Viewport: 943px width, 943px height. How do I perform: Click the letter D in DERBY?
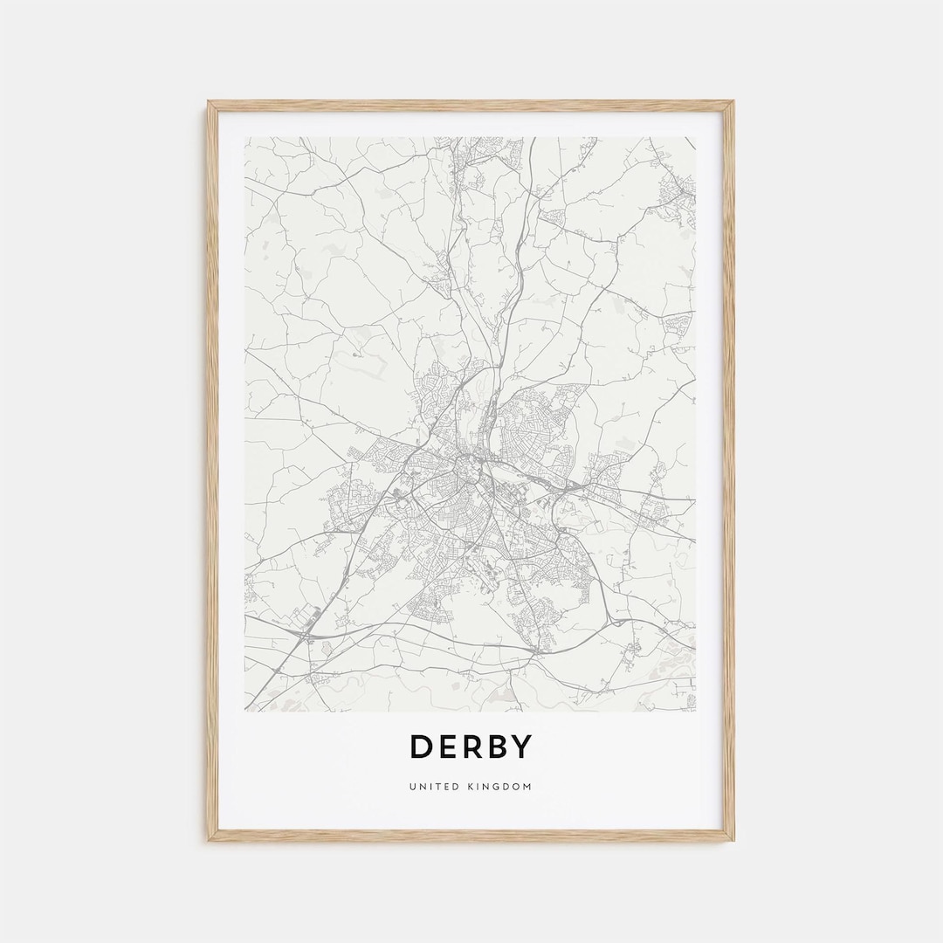coord(422,747)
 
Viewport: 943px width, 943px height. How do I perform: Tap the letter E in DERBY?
coord(451,747)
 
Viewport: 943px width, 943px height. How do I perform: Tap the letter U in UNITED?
coord(411,787)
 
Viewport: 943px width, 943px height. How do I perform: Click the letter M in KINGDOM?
coord(527,787)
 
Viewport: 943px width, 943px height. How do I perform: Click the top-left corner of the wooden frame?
coord(210,103)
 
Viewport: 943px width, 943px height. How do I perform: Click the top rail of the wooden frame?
coord(471,106)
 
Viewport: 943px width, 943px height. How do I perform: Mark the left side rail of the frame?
coord(212,471)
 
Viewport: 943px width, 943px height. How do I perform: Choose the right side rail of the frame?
coord(729,471)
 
